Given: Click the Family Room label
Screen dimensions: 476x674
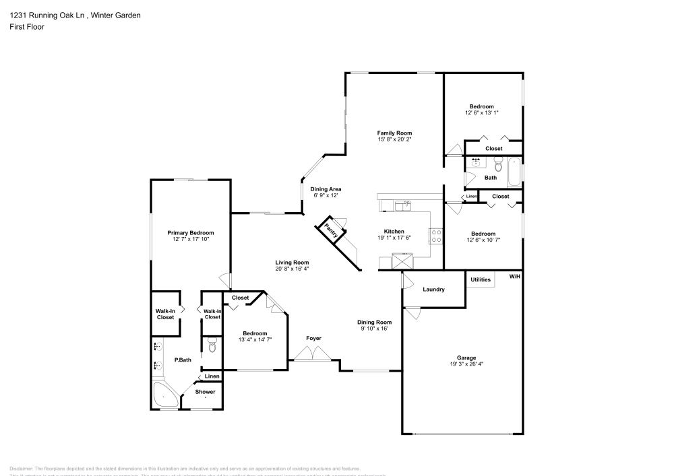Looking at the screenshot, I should pos(394,133).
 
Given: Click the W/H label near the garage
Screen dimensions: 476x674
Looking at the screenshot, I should pos(514,277).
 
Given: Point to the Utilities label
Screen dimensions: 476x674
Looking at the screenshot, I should pos(481,278).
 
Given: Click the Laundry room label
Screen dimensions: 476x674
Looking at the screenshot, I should pos(433,290).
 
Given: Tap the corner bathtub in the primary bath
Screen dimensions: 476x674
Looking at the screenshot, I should pos(164,396).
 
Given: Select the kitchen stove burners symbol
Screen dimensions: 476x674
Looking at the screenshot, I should pos(436,236).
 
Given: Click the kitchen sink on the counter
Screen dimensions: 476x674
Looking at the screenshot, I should pos(404,203).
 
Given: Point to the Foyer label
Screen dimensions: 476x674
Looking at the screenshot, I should pos(313,338).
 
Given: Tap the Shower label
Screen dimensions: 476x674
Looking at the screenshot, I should pos(206,392).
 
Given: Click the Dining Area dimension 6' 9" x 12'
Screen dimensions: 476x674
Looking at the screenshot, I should pos(324,196).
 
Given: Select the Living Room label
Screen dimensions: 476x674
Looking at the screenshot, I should pos(292,263).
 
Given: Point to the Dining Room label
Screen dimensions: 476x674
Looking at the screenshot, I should pos(374,322).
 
